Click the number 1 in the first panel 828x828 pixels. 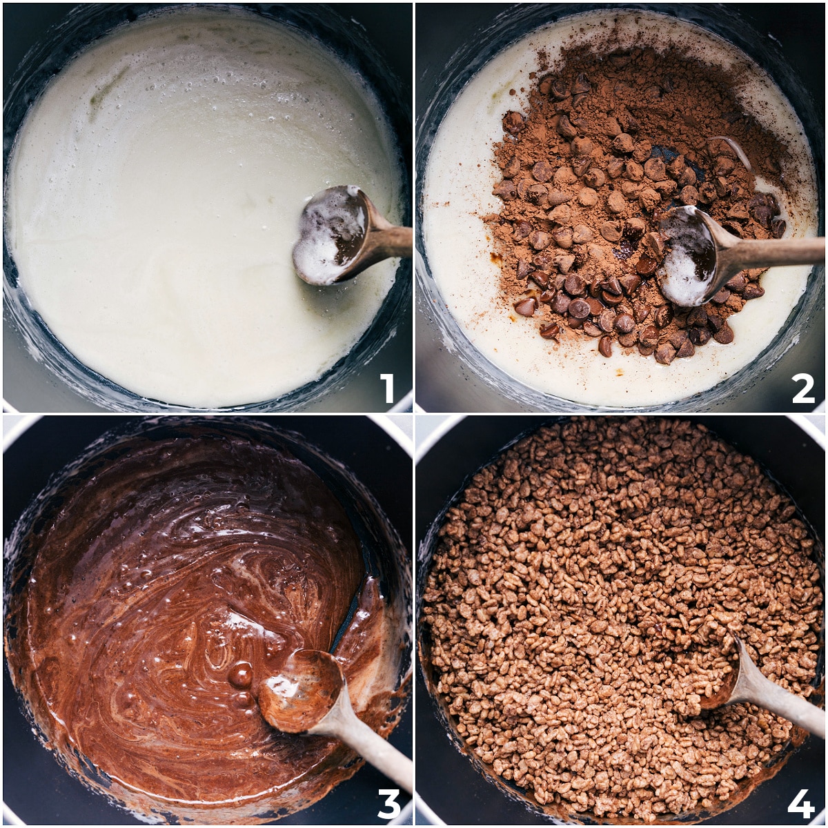387,388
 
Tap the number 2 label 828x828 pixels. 802,388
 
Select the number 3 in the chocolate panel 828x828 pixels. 388,802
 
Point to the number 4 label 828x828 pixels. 801,802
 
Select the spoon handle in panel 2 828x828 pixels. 773,252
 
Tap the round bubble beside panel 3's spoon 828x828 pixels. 240,675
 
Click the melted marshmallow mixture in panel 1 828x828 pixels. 172,241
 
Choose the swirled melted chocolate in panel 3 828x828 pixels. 172,586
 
